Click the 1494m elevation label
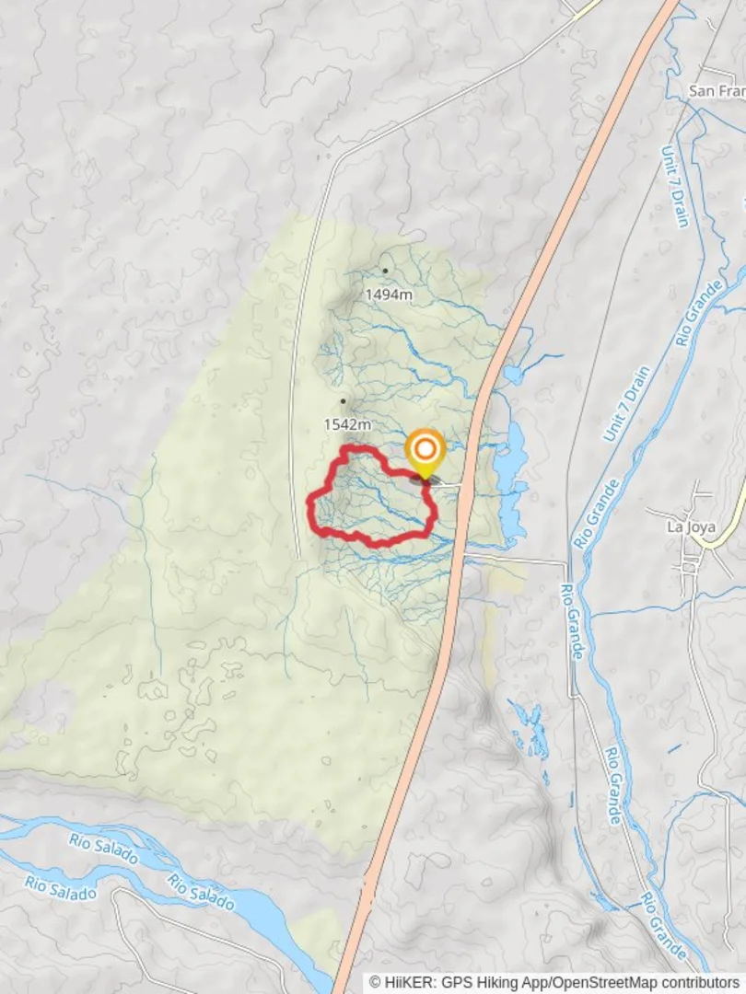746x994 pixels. coord(388,295)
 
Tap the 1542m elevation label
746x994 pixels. coord(347,424)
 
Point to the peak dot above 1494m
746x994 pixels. coord(385,271)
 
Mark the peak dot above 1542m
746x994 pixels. coord(343,401)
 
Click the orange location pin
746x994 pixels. coord(425,451)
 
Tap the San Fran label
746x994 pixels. coord(717,91)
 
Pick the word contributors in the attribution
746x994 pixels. coord(702,983)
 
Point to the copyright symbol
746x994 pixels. coord(375,983)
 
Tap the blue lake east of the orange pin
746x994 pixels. coord(513,460)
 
